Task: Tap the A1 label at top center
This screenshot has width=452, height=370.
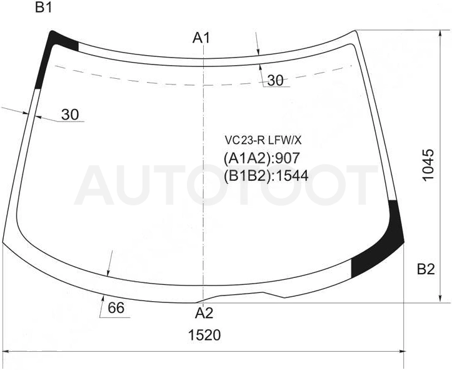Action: click(201, 38)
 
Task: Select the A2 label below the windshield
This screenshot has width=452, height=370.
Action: click(204, 313)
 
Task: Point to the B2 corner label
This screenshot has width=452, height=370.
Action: click(426, 269)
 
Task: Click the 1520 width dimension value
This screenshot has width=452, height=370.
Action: click(204, 335)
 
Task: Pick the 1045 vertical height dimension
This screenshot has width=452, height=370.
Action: click(428, 165)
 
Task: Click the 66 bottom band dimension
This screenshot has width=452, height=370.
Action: click(116, 307)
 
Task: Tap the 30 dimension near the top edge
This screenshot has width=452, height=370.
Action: click(275, 81)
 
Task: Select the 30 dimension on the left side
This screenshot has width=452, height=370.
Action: click(70, 115)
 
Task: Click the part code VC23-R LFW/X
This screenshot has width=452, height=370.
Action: click(263, 140)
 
